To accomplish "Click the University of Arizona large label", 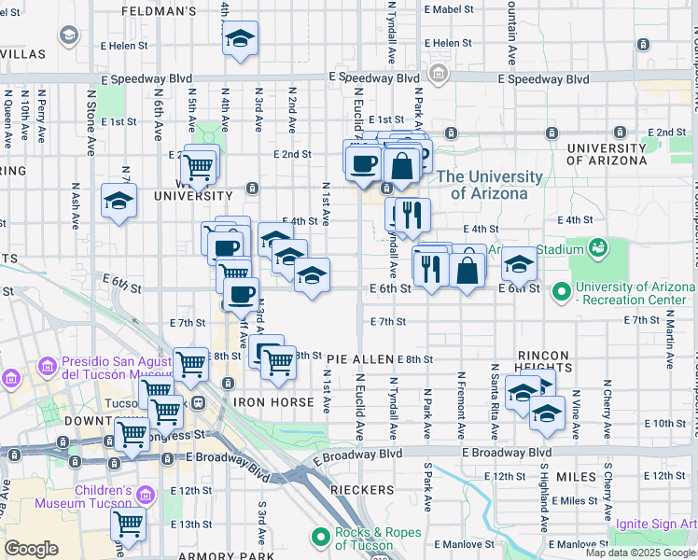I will click(x=489, y=185).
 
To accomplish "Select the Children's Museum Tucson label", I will click(x=82, y=497).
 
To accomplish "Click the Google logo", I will click(x=31, y=549).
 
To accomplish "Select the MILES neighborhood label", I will click(x=576, y=476).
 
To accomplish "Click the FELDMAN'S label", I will click(x=159, y=11).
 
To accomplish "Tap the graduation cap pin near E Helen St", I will click(x=241, y=39).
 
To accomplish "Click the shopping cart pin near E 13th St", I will click(x=128, y=524).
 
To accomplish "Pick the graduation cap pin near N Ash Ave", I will click(x=119, y=202).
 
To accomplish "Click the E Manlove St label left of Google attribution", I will click(x=463, y=543).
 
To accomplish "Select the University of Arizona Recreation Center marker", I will click(x=562, y=293).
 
